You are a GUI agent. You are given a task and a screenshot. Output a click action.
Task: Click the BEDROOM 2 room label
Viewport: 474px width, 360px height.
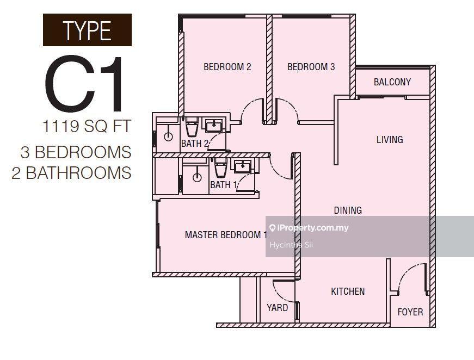tap(227, 67)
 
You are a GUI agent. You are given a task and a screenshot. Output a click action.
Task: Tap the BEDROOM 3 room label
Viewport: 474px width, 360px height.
tap(311, 67)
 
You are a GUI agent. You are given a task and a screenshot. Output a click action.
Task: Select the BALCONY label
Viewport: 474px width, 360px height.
tap(392, 82)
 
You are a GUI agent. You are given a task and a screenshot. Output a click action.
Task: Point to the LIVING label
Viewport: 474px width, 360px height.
tap(390, 139)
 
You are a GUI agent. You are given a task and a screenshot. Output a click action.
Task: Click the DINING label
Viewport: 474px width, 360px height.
tap(348, 210)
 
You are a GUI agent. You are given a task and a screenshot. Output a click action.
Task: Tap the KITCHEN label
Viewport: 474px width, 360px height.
tap(348, 291)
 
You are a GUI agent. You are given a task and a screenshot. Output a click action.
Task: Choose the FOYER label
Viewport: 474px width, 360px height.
tap(410, 312)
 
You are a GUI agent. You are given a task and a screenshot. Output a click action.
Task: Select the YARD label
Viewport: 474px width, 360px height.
tap(277, 308)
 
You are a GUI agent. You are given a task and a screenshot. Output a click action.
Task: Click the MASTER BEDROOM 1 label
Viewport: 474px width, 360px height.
tap(226, 235)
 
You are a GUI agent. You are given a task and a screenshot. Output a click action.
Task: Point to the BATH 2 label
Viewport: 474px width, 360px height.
tap(195, 144)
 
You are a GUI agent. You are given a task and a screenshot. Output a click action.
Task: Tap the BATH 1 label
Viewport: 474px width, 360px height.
tap(224, 184)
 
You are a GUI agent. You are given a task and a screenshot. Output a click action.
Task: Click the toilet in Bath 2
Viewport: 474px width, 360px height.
tap(192, 127)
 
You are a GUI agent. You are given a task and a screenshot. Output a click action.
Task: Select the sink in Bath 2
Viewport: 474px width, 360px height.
tap(214, 125)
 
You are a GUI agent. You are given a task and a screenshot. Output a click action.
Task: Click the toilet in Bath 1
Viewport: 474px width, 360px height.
tap(220, 167)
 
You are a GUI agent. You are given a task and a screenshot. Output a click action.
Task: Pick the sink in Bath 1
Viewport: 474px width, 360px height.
tap(242, 166)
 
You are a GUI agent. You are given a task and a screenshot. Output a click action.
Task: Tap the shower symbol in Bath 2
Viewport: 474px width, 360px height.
tap(168, 136)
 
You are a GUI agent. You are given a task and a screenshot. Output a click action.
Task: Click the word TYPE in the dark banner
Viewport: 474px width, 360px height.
tap(87, 30)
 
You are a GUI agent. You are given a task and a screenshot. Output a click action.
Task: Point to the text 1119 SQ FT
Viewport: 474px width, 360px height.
tap(87, 126)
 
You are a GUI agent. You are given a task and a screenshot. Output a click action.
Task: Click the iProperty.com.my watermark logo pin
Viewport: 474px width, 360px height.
tap(272, 228)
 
